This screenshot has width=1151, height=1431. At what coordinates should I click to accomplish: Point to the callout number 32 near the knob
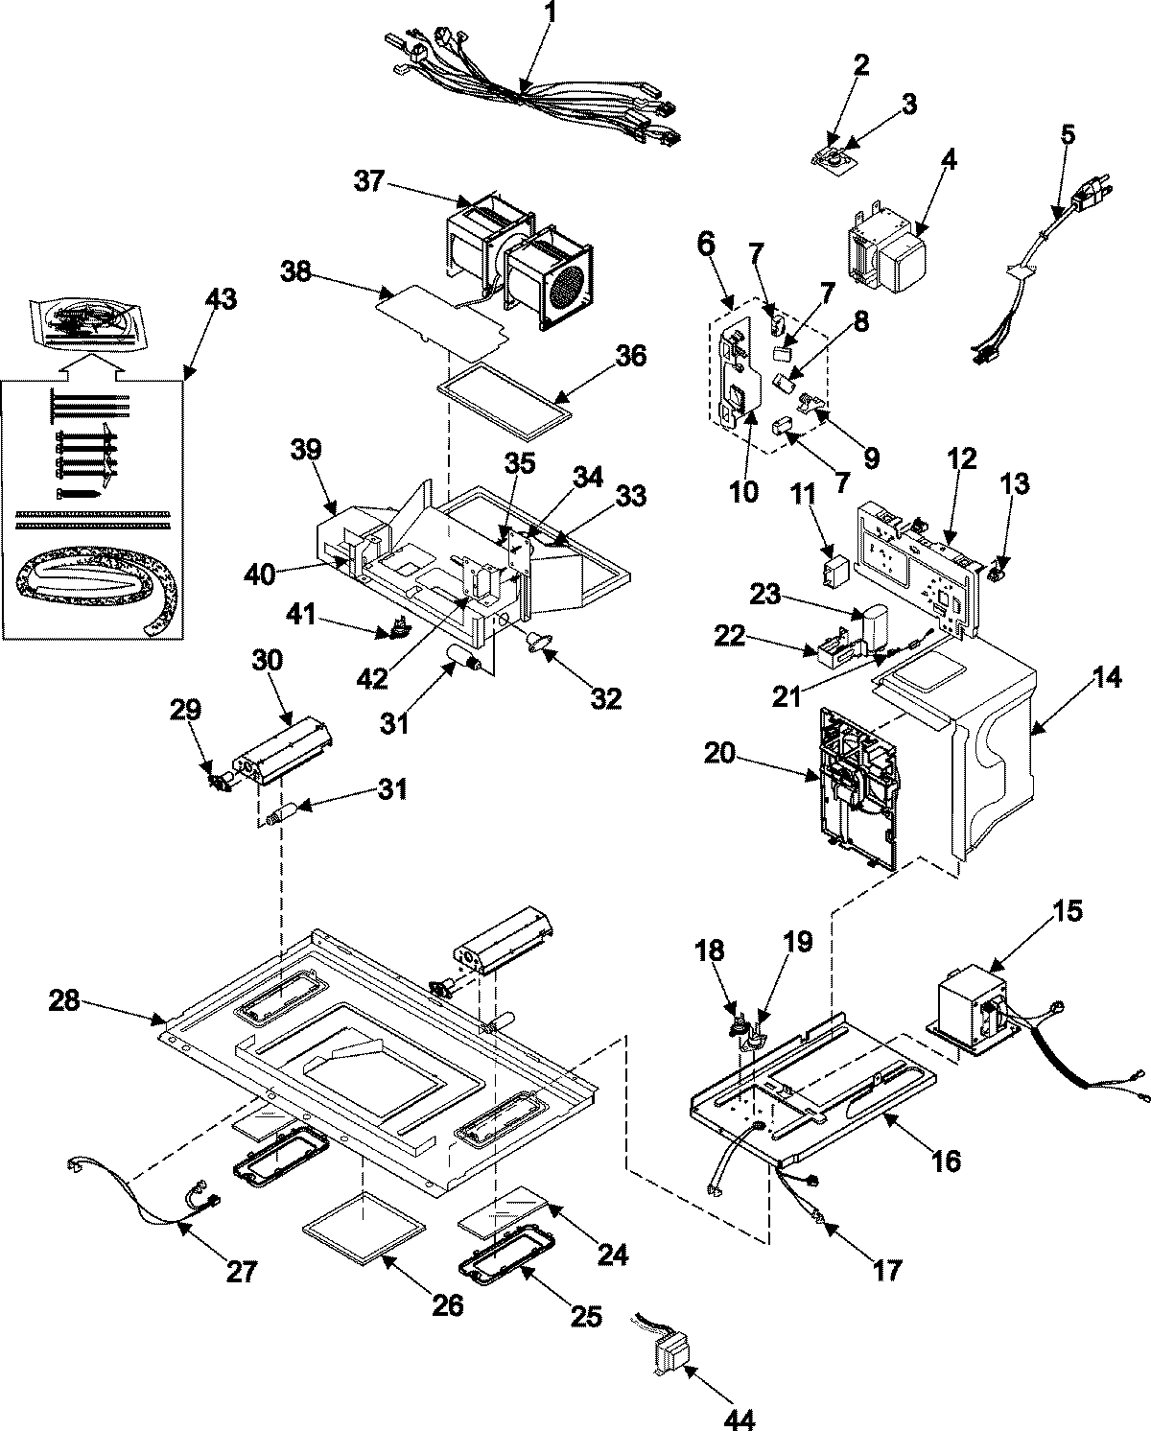click(x=605, y=698)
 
